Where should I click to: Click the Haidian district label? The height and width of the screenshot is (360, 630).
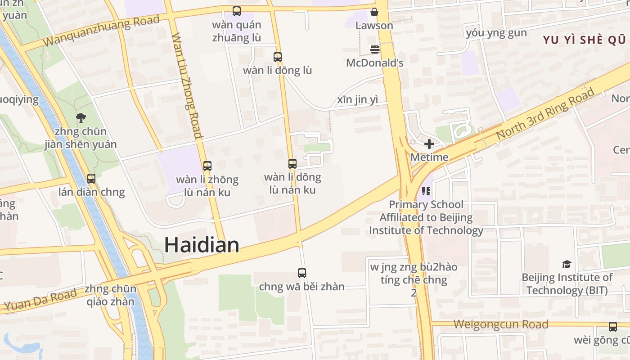201,245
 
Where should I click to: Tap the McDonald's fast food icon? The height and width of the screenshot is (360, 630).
374,49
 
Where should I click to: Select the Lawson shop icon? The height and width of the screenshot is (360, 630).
374,12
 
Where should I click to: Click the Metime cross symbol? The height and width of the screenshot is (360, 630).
429,144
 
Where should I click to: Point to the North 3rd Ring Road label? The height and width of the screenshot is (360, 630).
545,114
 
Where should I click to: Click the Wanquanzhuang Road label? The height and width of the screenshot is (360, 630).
102,31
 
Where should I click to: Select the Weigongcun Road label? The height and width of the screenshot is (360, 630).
500,324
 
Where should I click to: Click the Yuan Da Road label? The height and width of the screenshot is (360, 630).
41,300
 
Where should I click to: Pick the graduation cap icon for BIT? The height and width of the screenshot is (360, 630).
567,264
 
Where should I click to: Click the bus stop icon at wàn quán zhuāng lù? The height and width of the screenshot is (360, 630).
236,11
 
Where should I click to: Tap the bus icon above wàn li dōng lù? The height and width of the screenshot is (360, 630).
278,57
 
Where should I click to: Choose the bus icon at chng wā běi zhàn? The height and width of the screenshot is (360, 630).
302,273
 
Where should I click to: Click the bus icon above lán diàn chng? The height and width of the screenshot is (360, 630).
91,179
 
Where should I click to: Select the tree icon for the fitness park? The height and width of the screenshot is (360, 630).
81,118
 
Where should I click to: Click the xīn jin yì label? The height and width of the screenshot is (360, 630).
358,100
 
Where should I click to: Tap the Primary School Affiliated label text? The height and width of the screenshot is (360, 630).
426,217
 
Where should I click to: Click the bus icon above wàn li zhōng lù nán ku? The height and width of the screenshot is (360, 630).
207,166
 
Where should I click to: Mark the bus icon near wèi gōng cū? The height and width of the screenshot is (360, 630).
612,327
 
